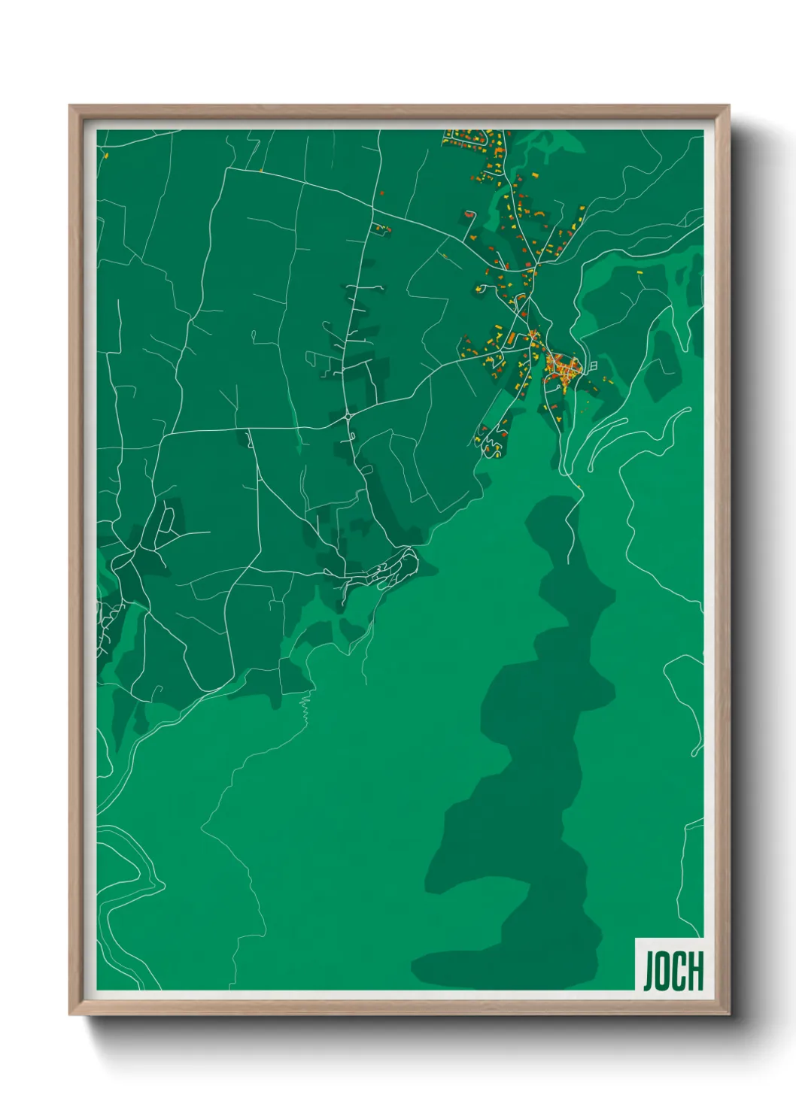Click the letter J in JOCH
click(648, 971)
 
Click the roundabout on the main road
click(349, 415)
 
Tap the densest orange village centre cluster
click(563, 368)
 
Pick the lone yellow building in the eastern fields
click(640, 272)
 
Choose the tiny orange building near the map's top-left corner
click(106, 156)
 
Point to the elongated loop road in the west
click(167, 520)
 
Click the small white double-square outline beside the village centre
click(594, 365)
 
